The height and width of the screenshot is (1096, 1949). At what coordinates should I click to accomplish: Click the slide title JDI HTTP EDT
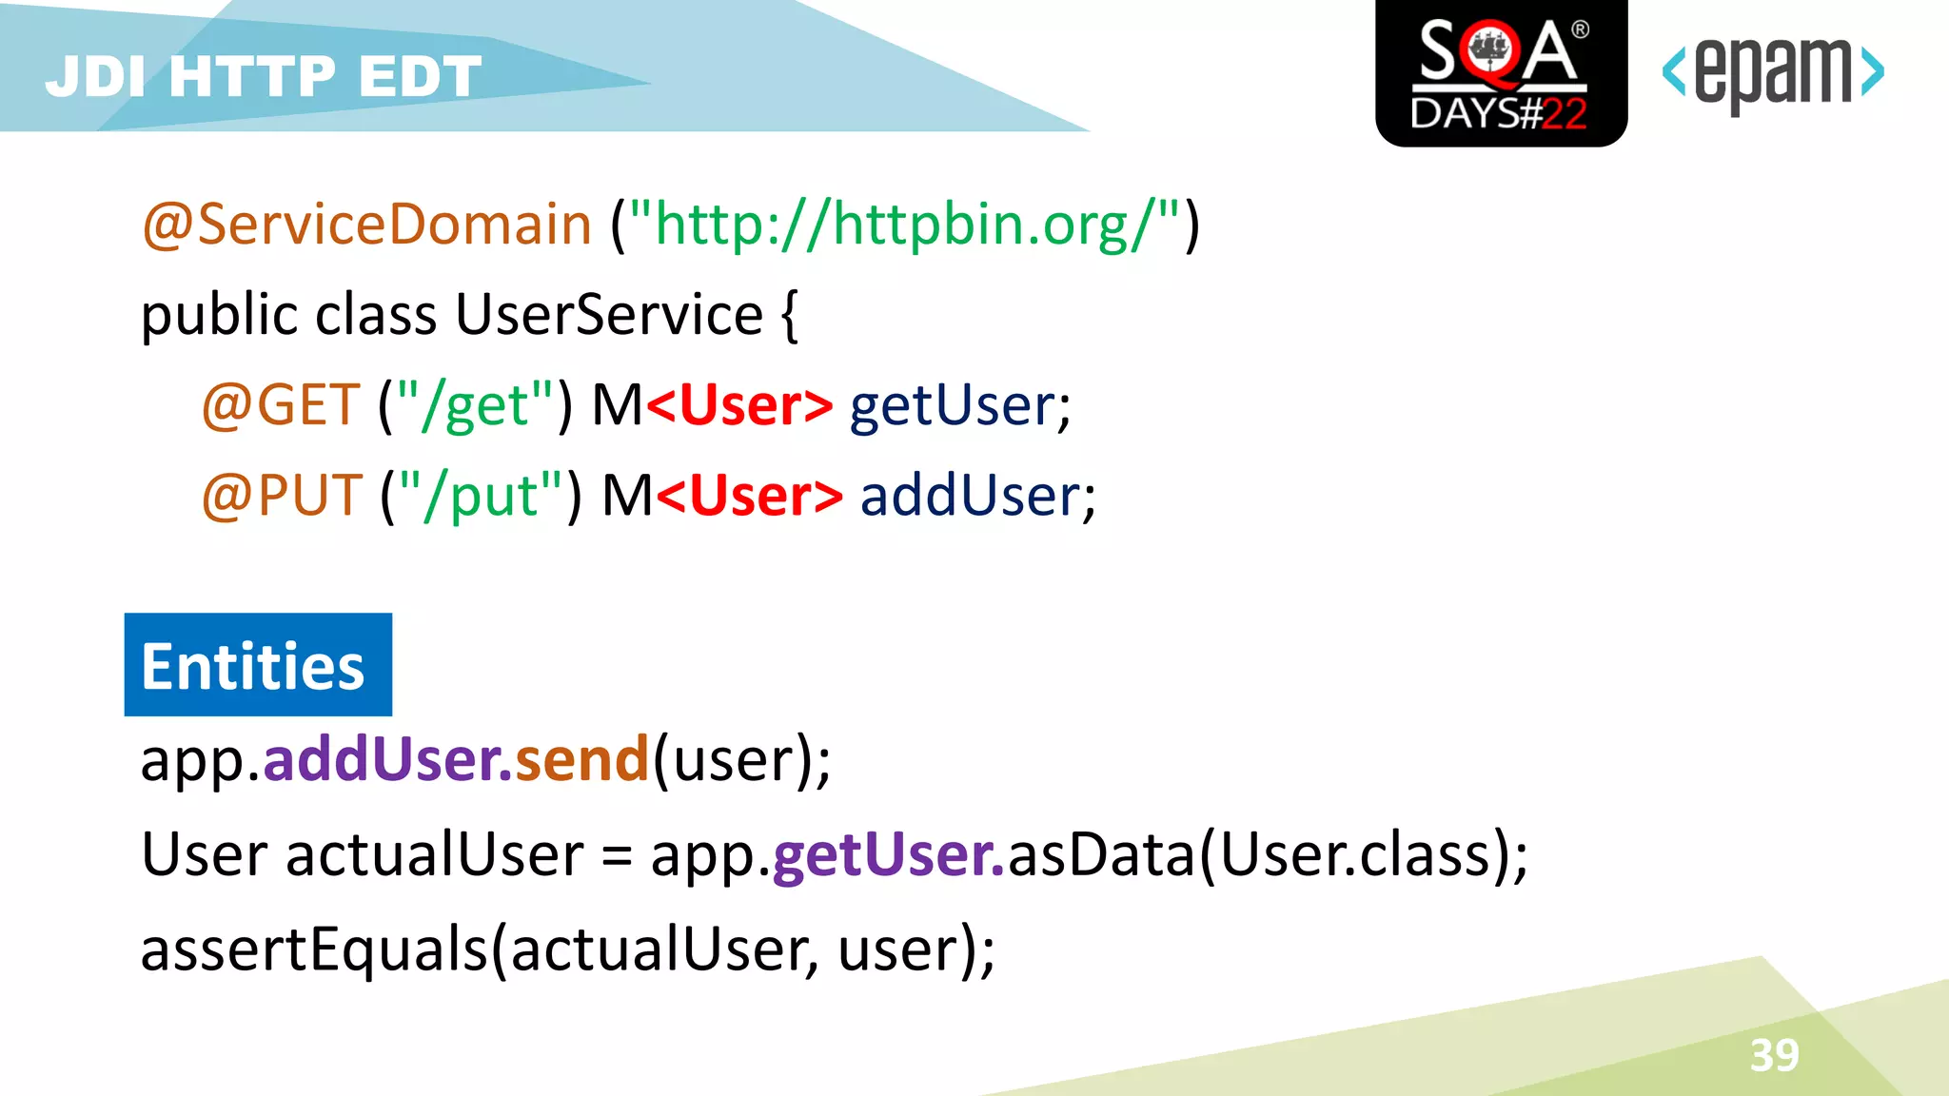click(x=264, y=76)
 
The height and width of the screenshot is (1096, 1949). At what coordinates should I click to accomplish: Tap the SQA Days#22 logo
click(x=1501, y=73)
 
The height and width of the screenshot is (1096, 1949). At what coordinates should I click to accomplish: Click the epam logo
click(x=1772, y=73)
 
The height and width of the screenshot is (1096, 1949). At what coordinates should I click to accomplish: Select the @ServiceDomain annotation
click(x=367, y=225)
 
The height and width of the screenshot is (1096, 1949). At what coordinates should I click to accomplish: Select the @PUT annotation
click(x=282, y=496)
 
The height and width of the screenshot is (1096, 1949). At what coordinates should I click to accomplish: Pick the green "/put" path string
click(x=482, y=496)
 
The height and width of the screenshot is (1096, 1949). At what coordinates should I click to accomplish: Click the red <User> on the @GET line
click(x=739, y=405)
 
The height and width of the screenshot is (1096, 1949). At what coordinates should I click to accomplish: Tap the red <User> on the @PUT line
click(x=750, y=496)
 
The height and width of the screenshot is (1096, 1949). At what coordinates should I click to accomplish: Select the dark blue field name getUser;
click(x=960, y=405)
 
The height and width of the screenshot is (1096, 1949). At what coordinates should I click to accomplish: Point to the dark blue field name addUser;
click(x=977, y=496)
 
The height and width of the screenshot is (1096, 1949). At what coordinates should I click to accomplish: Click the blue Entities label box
click(x=258, y=665)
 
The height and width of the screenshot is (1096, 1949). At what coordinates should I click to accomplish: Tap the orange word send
click(x=581, y=759)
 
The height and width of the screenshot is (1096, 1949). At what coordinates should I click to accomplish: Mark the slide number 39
click(x=1774, y=1055)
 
